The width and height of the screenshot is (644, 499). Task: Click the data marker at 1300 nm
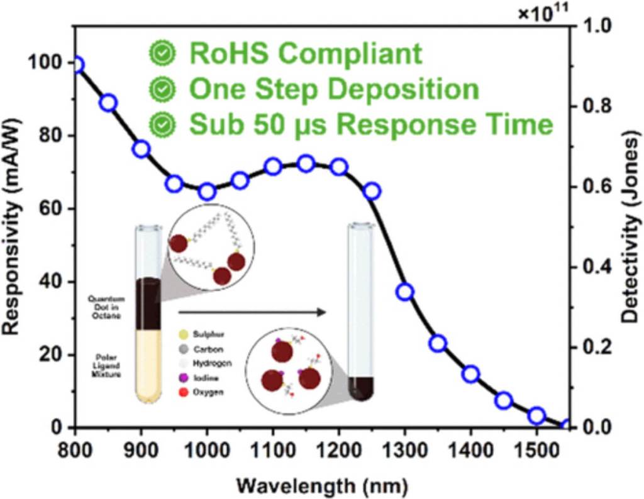(405, 292)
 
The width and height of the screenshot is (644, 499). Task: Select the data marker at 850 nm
(108, 102)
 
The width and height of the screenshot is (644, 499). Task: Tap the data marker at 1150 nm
(306, 164)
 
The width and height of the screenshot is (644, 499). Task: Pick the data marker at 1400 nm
(471, 375)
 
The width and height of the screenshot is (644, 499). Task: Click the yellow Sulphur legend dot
(184, 334)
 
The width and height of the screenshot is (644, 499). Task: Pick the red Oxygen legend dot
(184, 392)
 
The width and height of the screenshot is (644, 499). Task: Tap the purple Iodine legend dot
(184, 378)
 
